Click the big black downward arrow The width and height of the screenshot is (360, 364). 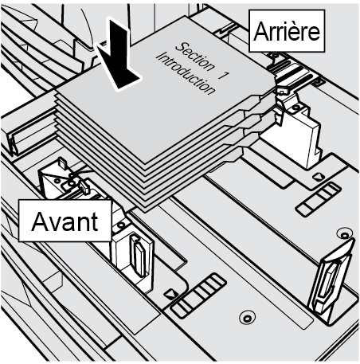tap(118, 56)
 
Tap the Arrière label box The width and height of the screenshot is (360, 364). tap(287, 31)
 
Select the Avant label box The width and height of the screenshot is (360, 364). tap(65, 221)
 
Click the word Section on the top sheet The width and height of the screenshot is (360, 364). tap(195, 57)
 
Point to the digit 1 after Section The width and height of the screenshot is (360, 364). tap(224, 76)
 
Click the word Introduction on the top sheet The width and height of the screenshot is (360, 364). tap(185, 73)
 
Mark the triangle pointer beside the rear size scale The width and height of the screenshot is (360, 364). tap(319, 176)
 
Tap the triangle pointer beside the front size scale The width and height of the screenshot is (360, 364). tap(170, 294)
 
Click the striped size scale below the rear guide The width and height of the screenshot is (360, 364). tap(319, 198)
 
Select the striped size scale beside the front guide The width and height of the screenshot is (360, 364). tap(198, 296)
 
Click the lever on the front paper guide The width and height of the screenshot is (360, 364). tap(139, 256)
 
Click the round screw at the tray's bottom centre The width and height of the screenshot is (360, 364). tap(247, 318)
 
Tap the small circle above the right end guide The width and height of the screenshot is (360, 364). tap(344, 235)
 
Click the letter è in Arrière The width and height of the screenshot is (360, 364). tap(300, 31)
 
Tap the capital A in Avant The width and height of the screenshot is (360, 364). tap(42, 221)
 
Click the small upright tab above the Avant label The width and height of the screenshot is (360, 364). tap(62, 162)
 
